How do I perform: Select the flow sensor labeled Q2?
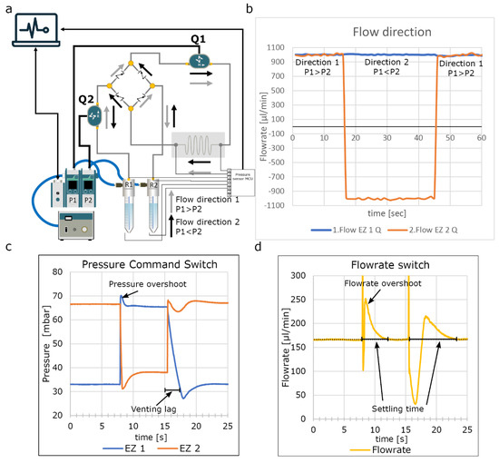tap(93, 113)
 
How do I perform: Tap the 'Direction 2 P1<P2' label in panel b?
tap(389, 67)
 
